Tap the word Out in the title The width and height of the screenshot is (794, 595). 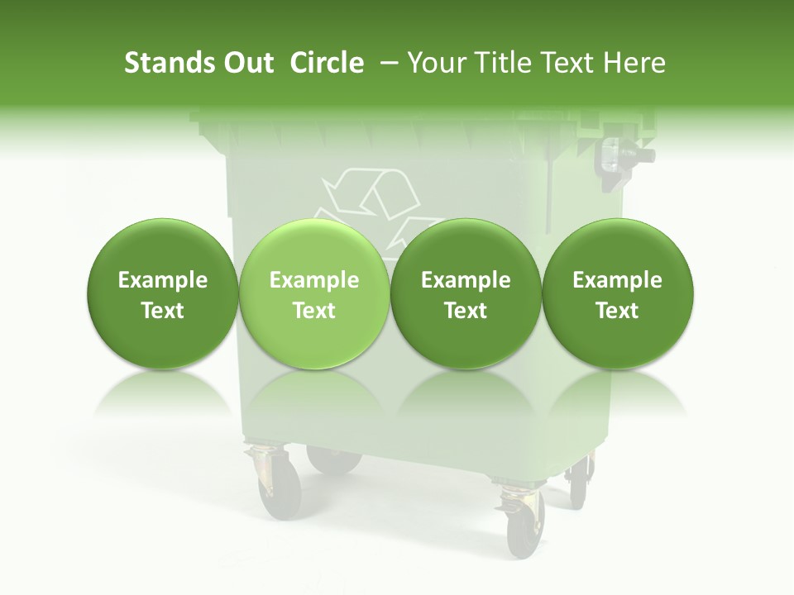pyautogui.click(x=246, y=63)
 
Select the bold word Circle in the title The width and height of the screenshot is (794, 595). pyautogui.click(x=327, y=63)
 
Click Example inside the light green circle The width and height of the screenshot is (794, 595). pyautogui.click(x=314, y=281)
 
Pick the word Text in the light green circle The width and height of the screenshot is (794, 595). pyautogui.click(x=314, y=311)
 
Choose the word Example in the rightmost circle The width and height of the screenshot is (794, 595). pyautogui.click(x=617, y=281)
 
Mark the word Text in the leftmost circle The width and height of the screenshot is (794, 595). pyautogui.click(x=163, y=311)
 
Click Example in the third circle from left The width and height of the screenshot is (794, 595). pyautogui.click(x=466, y=281)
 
